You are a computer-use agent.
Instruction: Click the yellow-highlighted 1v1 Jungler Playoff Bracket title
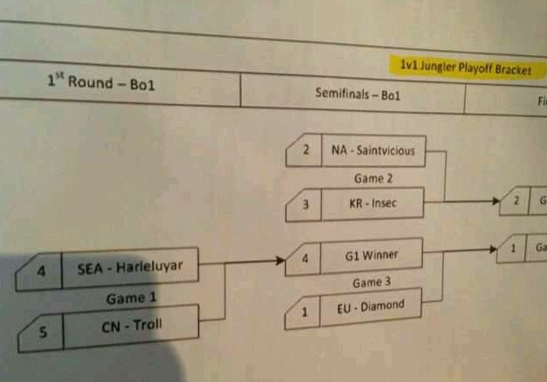[x=465, y=68]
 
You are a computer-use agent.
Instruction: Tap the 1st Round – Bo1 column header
[x=101, y=84]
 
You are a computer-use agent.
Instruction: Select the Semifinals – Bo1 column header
[x=358, y=93]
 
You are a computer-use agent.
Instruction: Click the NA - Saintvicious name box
[x=373, y=150]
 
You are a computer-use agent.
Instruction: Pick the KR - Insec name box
[x=372, y=206]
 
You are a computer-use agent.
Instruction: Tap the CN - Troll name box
[x=130, y=327]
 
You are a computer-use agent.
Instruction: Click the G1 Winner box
[x=371, y=257]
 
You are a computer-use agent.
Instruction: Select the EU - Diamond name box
[x=371, y=308]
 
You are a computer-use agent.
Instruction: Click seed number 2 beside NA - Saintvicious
[x=306, y=150]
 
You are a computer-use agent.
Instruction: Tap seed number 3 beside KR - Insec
[x=305, y=207]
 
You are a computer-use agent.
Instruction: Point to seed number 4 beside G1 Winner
[x=304, y=260]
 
